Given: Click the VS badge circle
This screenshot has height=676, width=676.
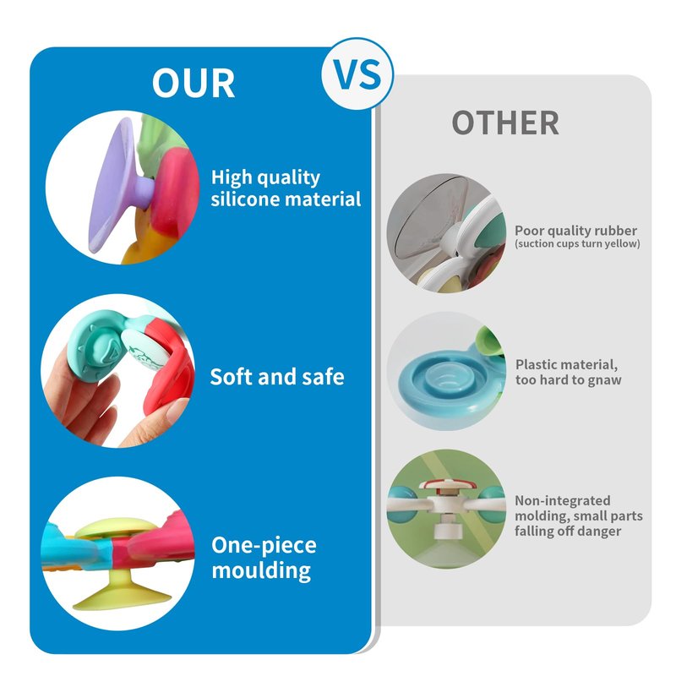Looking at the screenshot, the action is [357, 74].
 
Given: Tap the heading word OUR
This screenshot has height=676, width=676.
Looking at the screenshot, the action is [194, 83].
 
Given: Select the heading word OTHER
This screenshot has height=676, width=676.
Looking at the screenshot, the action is [505, 123].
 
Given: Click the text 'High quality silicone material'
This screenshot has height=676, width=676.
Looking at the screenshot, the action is [286, 188].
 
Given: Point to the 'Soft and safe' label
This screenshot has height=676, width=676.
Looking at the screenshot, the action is [277, 376].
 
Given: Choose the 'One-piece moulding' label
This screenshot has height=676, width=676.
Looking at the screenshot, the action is [264, 558].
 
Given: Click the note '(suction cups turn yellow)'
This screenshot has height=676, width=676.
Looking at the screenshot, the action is [577, 243].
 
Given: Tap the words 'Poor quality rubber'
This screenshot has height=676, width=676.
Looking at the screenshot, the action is [575, 230].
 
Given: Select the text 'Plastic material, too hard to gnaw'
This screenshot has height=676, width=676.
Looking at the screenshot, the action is [568, 372].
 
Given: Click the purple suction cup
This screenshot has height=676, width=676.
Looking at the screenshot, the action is [114, 185].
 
